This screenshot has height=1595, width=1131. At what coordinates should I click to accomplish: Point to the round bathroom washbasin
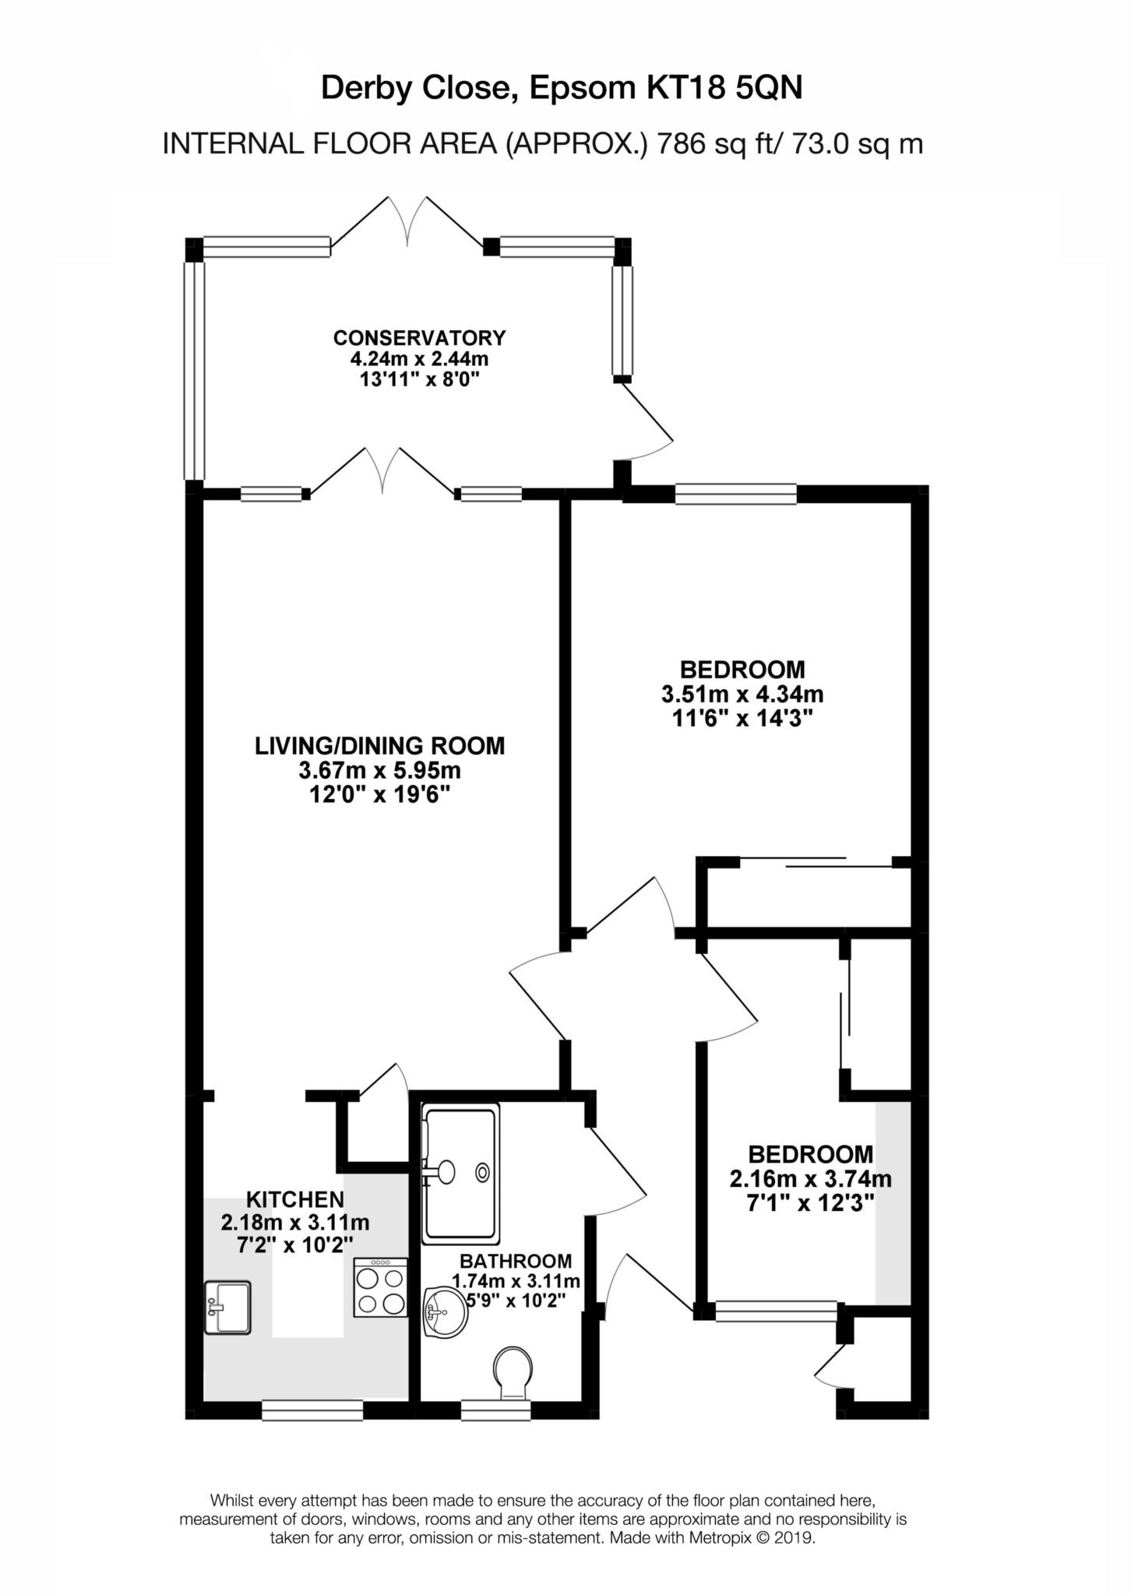coord(446,1312)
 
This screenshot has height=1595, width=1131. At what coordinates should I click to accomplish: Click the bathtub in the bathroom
coord(460,1176)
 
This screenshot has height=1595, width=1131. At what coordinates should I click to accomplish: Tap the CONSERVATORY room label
coord(419,338)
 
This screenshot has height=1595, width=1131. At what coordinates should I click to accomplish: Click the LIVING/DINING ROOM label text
coord(379,745)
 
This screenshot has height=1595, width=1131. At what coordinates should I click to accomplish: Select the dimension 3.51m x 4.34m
coord(742,693)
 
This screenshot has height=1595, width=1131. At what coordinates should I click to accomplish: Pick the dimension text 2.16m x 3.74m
coord(810,1178)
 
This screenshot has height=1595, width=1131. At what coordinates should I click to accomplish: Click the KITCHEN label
coord(294,1199)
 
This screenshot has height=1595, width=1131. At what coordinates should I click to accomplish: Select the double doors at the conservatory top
coord(408,221)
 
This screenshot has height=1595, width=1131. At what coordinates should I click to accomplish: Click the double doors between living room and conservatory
coord(382,471)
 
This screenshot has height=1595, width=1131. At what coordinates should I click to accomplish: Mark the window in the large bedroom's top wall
coord(735,495)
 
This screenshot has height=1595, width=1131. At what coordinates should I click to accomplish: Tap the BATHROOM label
coord(516,1261)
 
